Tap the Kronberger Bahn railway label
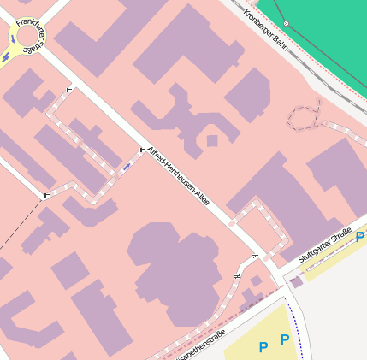[264, 27]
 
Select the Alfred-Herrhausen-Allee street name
[178, 177]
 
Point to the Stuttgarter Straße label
[325, 245]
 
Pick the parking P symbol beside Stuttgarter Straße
[360, 238]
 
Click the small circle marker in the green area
[286, 23]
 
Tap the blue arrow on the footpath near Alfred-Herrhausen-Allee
[127, 166]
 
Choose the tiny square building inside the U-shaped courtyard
[211, 140]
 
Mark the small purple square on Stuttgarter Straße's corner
[296, 281]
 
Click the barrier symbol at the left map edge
[45, 196]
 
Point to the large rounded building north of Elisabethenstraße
[175, 265]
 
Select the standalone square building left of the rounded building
[68, 270]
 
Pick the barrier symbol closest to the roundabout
[68, 88]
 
